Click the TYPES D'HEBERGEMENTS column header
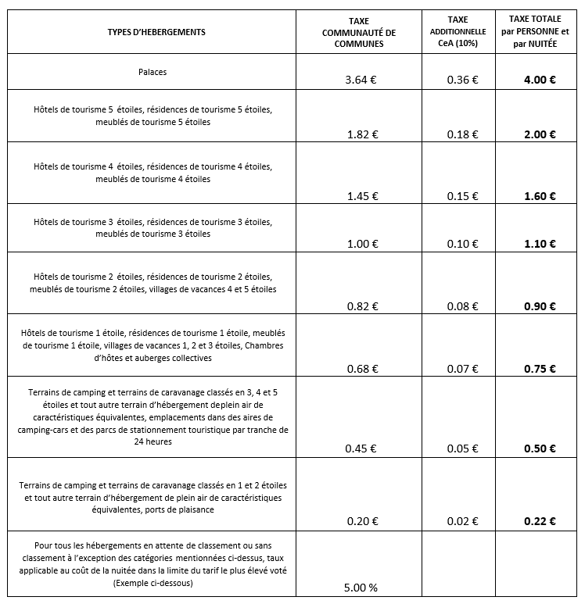point(156,32)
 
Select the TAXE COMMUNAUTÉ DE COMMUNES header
point(360,32)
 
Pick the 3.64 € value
point(361,80)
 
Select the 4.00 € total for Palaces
point(540,80)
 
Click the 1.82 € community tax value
point(361,134)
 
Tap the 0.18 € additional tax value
point(463,134)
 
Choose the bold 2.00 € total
point(540,134)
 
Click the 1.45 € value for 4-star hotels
point(361,196)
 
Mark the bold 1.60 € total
point(540,196)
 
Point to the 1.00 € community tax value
point(361,244)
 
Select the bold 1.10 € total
point(540,244)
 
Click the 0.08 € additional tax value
point(463,306)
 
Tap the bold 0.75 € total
point(540,369)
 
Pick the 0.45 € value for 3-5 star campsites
point(361,449)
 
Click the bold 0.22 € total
point(540,521)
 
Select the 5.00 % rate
point(361,588)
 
